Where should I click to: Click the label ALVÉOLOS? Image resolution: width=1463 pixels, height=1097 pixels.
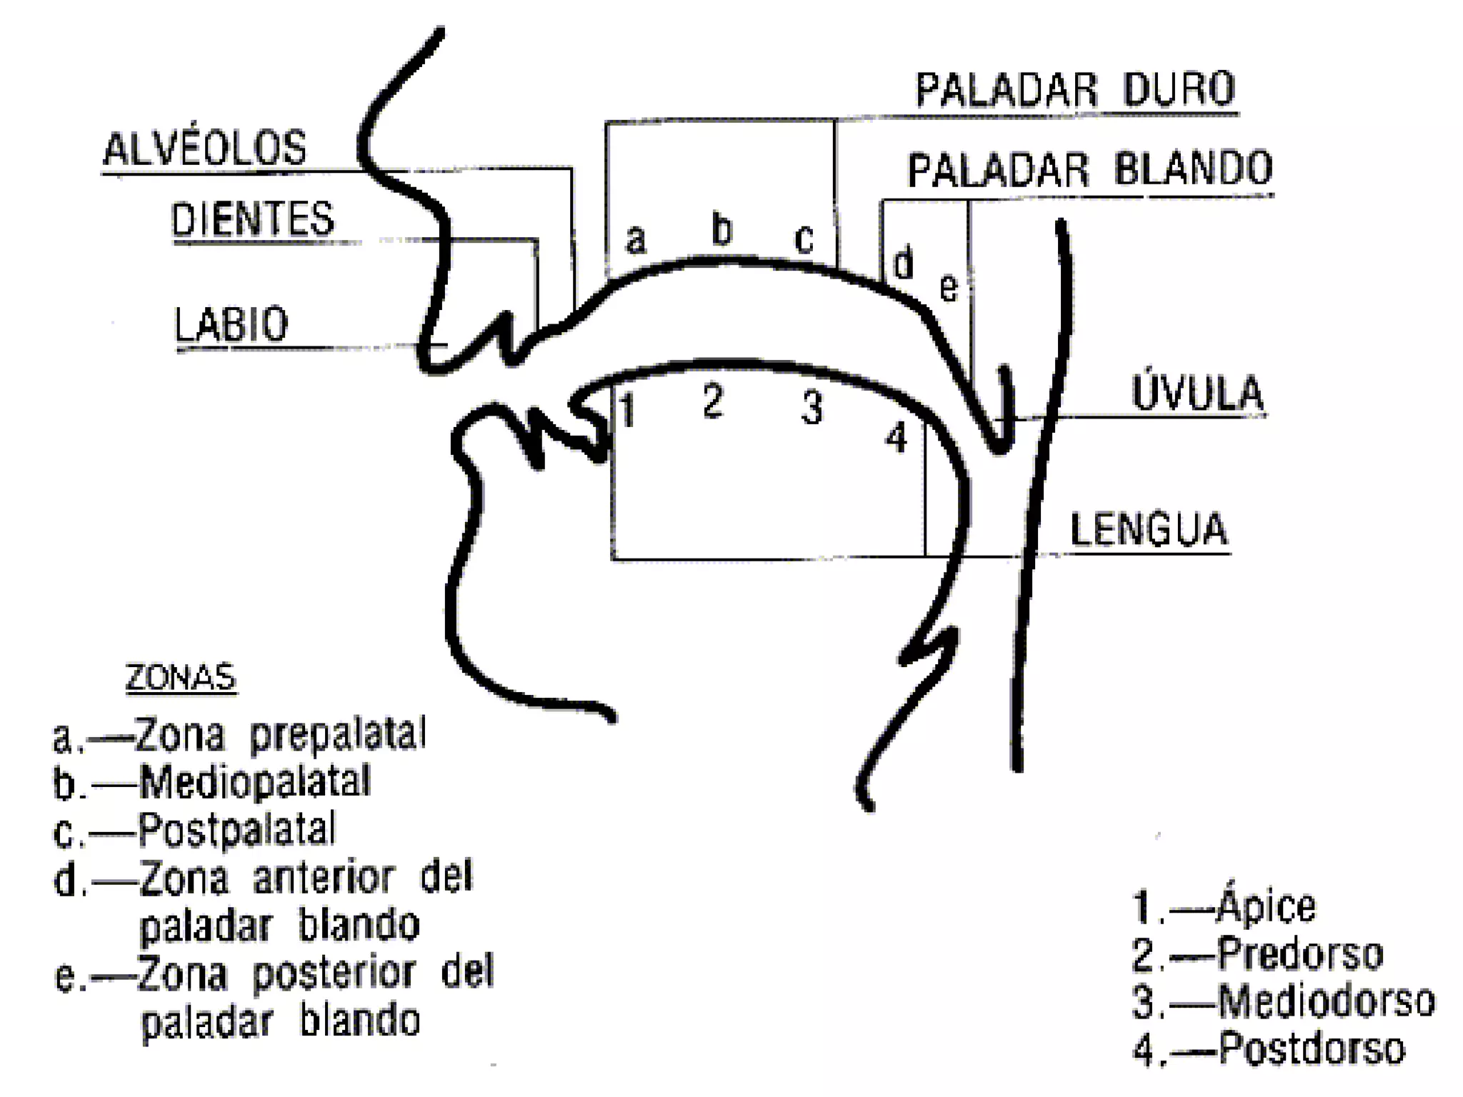(x=205, y=148)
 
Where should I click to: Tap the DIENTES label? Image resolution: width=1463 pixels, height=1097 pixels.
(x=252, y=219)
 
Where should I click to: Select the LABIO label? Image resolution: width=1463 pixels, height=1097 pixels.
(x=231, y=325)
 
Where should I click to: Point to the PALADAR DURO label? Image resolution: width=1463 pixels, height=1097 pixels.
(x=1075, y=90)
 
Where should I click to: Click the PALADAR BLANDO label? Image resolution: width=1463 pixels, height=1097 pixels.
(x=1090, y=169)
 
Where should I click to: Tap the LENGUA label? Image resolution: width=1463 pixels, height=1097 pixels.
(x=1148, y=529)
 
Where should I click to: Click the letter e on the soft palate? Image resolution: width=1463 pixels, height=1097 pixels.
(x=948, y=288)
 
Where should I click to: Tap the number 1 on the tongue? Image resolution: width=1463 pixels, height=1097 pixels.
(x=627, y=410)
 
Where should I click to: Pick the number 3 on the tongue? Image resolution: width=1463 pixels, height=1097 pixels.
(x=812, y=408)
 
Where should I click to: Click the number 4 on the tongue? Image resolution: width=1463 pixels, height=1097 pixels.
(x=896, y=437)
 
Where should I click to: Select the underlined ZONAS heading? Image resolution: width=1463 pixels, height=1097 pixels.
(x=180, y=677)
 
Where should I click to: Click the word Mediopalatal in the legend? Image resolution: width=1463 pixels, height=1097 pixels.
(x=255, y=782)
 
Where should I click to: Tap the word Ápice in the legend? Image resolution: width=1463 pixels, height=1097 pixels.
(x=1266, y=906)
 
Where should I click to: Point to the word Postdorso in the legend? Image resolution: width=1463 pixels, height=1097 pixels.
(x=1312, y=1048)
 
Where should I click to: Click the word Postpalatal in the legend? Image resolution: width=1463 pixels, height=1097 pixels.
(x=236, y=830)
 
